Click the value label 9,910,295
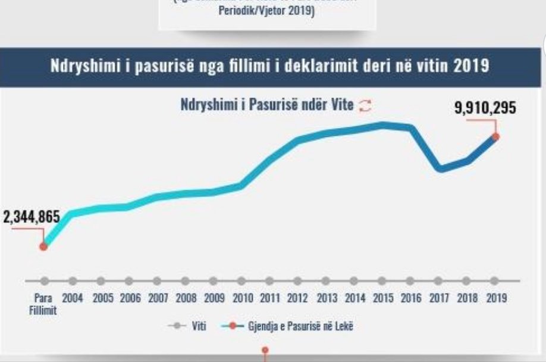(485, 108)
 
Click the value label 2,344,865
(32, 217)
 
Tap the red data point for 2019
(495, 136)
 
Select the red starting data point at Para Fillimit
(43, 246)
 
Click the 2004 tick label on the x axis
(73, 298)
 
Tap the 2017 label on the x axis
(439, 298)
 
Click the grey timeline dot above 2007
(156, 280)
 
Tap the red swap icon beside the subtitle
(366, 105)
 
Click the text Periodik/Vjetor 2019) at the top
(266, 13)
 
